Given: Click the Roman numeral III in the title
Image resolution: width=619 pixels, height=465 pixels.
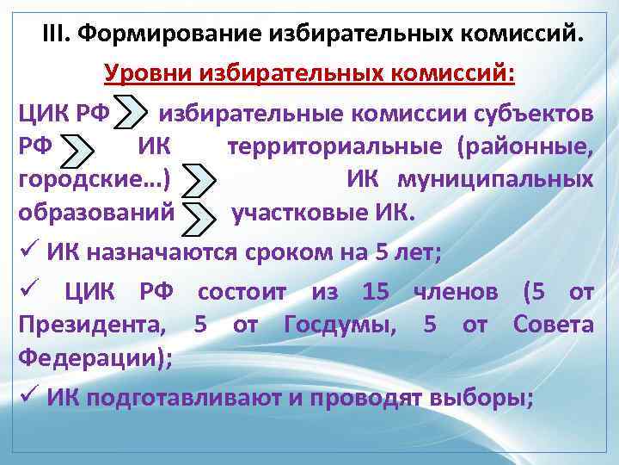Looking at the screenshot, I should click(55, 34).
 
